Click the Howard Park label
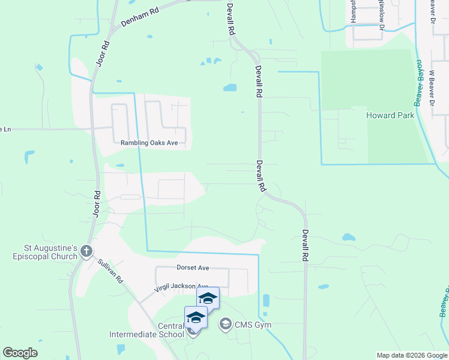[391, 115]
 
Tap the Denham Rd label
[140, 16]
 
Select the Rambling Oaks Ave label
[149, 143]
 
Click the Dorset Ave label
[193, 267]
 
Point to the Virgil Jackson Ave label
[181, 287]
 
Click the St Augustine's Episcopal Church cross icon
[86, 251]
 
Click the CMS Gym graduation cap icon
[225, 325]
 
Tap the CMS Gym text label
[253, 325]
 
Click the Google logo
[20, 353]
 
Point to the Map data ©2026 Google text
[411, 355]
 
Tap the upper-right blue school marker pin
[208, 298]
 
